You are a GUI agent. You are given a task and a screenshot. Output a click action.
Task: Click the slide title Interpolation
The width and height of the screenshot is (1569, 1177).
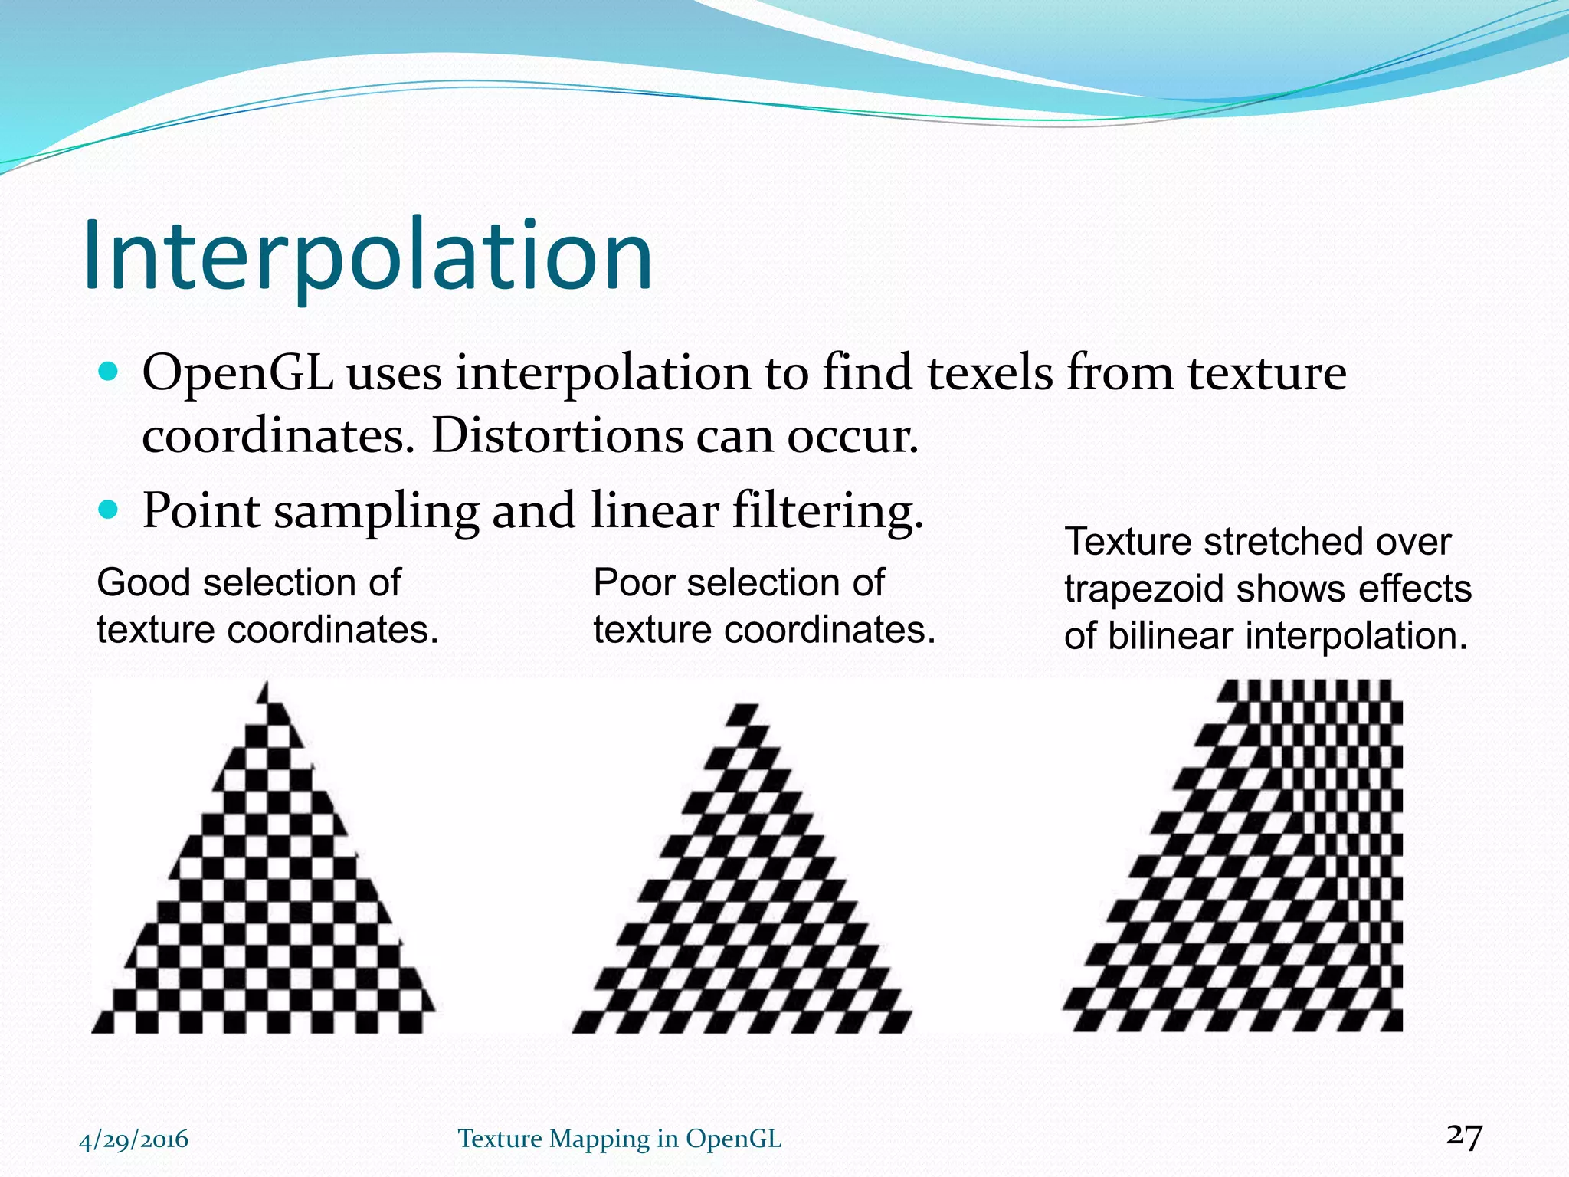[368, 257]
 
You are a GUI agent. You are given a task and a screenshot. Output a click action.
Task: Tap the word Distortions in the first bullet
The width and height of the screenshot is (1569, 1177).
[556, 437]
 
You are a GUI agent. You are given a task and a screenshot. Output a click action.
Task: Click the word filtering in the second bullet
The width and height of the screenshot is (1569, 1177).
[827, 512]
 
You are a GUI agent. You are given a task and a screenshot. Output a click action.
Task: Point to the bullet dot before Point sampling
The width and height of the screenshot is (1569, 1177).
[110, 509]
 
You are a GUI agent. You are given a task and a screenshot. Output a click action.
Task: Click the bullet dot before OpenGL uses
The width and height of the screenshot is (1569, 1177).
[110, 372]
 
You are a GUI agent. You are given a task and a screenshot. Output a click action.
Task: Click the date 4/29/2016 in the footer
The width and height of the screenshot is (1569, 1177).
[134, 1139]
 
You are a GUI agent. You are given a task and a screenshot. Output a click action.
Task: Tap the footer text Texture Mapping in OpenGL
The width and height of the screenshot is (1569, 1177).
[620, 1139]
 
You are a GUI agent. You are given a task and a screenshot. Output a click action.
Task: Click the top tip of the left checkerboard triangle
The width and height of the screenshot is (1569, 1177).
[266, 684]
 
